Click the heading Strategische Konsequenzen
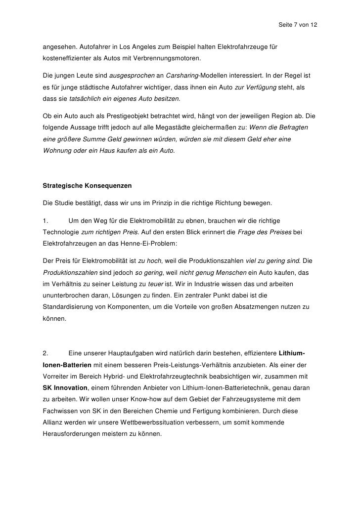[x=87, y=186]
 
